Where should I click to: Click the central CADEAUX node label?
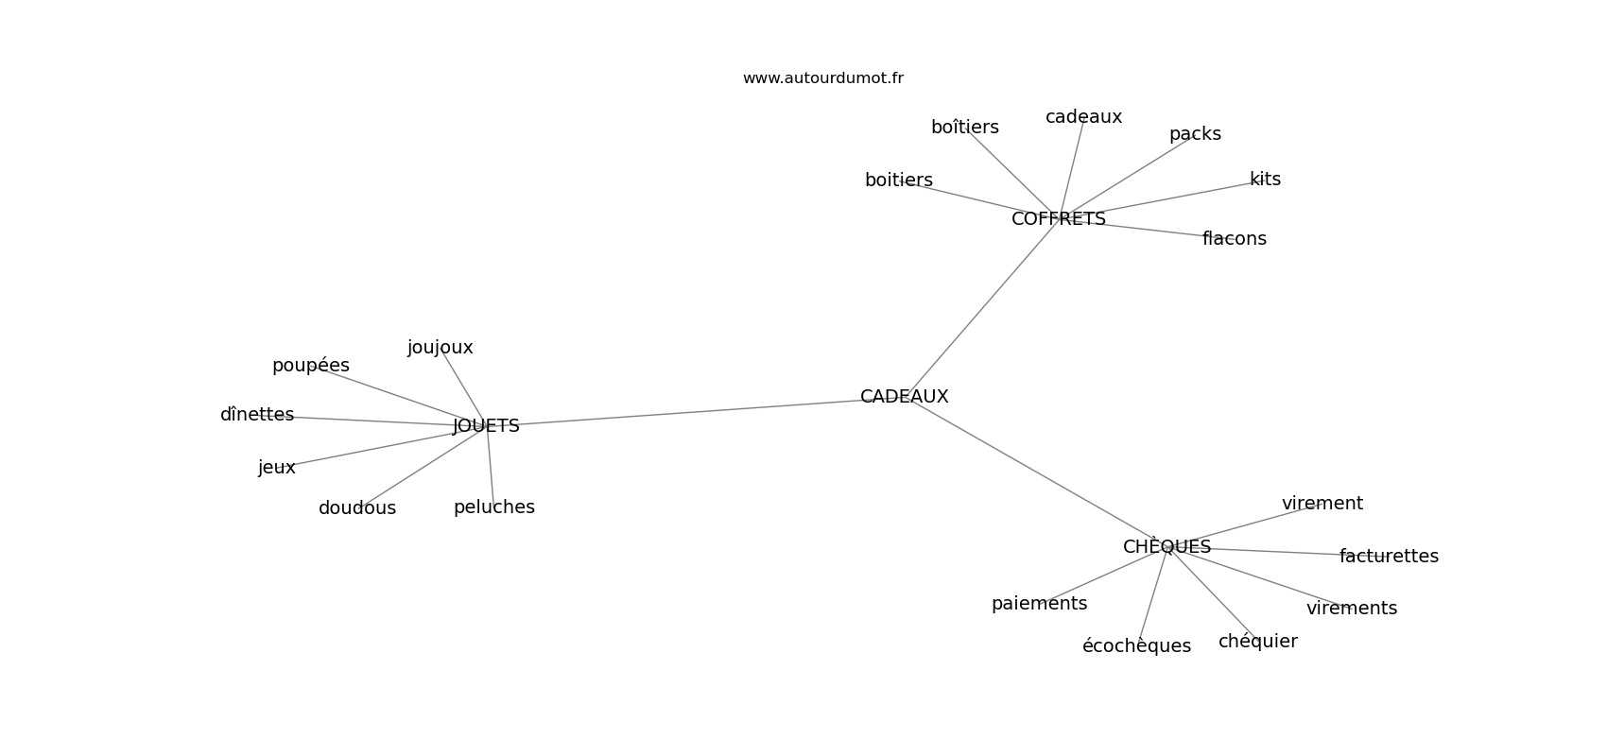tap(904, 397)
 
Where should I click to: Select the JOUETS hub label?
tap(486, 426)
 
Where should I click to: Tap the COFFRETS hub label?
tap(1058, 218)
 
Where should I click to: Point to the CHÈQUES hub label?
tap(1166, 546)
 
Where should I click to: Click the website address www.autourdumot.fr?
tap(822, 78)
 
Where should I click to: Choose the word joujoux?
tap(440, 348)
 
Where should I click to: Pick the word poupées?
tap(311, 366)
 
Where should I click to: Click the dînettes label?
tap(257, 415)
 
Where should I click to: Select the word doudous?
tap(357, 507)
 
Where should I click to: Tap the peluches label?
tap(494, 507)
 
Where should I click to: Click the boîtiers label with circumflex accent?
tap(965, 127)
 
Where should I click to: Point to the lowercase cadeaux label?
tap(1083, 117)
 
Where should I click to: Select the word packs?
tap(1195, 134)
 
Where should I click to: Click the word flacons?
tap(1235, 239)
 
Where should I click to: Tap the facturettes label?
tap(1389, 556)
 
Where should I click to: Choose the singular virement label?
tap(1322, 504)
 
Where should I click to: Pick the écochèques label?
tap(1136, 645)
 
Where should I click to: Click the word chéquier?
tap(1257, 641)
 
